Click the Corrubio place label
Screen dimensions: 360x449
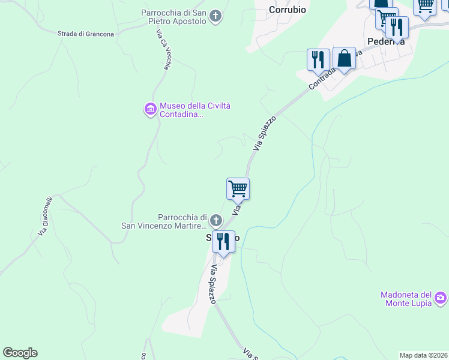[x=288, y=10]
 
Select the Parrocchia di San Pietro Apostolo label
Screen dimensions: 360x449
[x=174, y=17]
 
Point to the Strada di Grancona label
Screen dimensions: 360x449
[x=86, y=34]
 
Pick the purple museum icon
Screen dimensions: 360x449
[x=150, y=109]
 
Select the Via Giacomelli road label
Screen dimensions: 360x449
[x=46, y=215]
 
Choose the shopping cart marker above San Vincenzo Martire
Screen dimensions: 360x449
[x=238, y=189]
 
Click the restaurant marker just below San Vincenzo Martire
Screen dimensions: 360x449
[x=223, y=242]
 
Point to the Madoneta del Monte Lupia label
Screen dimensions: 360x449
[x=406, y=299]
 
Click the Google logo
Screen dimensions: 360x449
[x=20, y=353]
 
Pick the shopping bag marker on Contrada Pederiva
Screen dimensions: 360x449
[x=344, y=59]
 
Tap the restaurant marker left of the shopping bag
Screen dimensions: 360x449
[x=318, y=59]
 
